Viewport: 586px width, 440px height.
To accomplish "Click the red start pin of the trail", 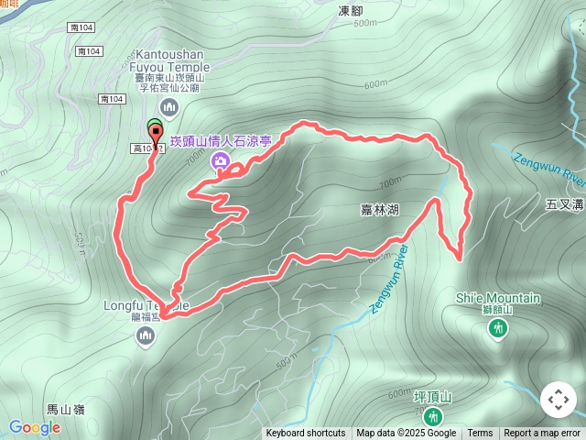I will point(157,136).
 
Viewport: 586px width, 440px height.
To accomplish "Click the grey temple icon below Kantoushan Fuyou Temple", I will point(167,108).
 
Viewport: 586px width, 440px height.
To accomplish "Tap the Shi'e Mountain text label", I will point(497,298).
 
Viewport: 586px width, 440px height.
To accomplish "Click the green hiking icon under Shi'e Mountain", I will point(497,327).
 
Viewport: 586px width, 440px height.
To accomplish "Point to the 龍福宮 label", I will point(146,317).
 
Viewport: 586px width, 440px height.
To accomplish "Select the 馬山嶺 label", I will point(65,409).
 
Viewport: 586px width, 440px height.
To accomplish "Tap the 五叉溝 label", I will point(563,203).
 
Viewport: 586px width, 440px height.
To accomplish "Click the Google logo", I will point(34,427).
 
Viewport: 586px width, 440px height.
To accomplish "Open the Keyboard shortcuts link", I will point(306,434).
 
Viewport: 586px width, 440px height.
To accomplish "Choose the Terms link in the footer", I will point(480,434).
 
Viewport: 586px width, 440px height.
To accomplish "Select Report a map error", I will point(542,434).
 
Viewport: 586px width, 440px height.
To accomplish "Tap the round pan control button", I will point(558,400).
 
